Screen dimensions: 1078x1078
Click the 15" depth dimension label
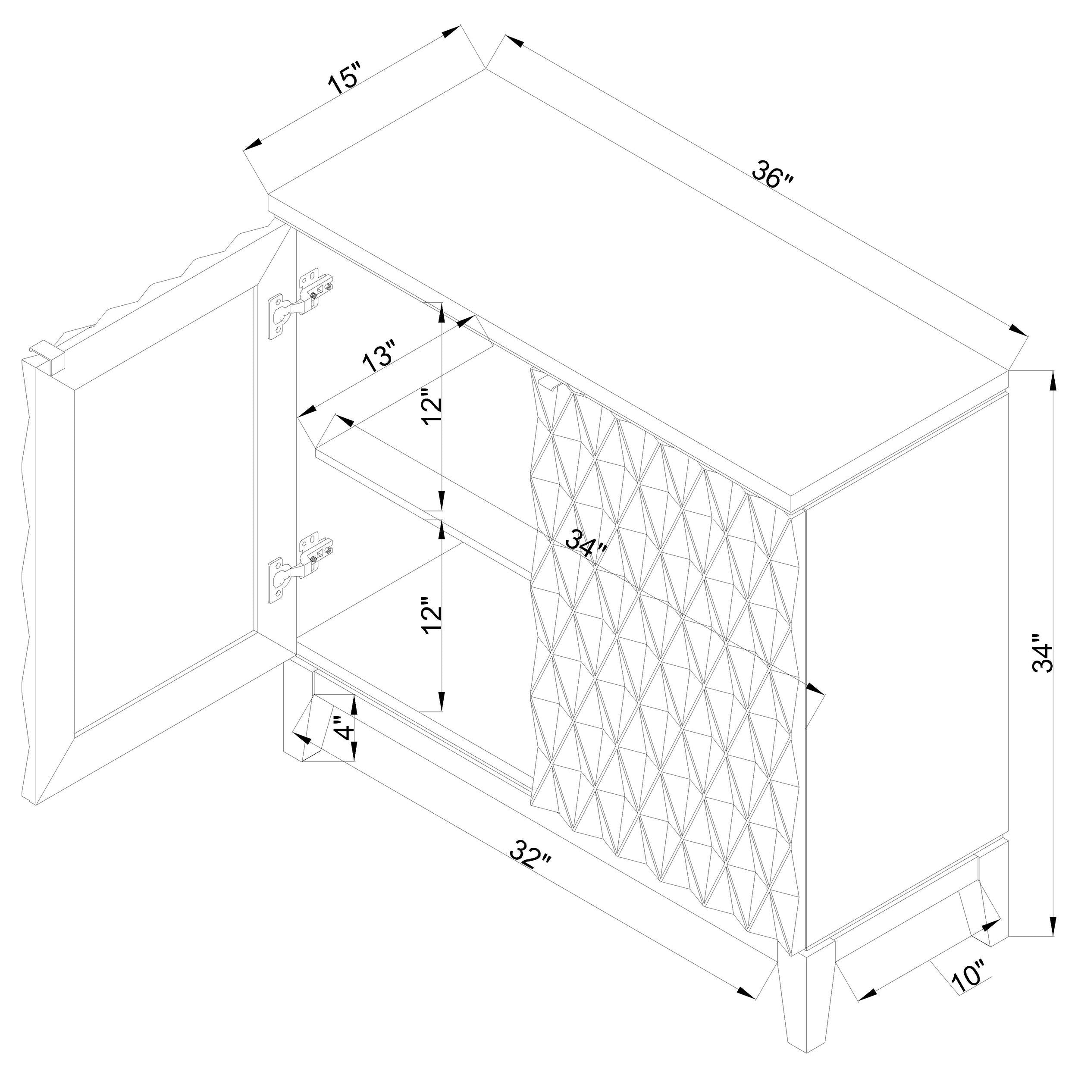pos(345,78)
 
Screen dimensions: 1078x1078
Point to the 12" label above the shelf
pos(432,411)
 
